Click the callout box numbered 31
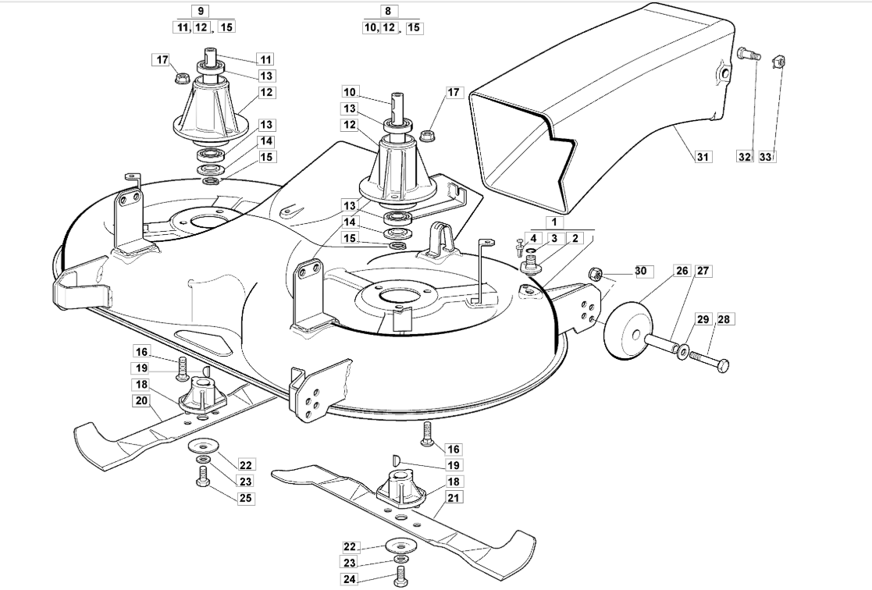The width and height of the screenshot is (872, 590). click(x=703, y=157)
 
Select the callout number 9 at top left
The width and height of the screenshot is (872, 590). click(x=200, y=11)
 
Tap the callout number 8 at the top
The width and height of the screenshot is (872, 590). click(x=388, y=11)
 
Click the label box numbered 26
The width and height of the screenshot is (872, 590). click(x=682, y=271)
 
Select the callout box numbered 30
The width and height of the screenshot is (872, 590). click(x=641, y=271)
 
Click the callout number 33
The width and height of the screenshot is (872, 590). click(x=766, y=157)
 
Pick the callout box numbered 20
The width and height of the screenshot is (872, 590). click(x=141, y=400)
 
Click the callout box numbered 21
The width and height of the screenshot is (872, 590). click(x=454, y=498)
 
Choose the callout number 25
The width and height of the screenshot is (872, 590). click(x=245, y=498)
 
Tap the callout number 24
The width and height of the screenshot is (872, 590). click(x=349, y=579)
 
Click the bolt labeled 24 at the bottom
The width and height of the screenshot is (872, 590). click(x=399, y=578)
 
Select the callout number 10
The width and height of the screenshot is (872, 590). click(x=351, y=92)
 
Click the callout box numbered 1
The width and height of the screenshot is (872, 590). click(x=554, y=222)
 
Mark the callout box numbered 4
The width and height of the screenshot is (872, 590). click(x=532, y=239)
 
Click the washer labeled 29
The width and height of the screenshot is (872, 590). click(x=682, y=351)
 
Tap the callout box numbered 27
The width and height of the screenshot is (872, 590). click(x=703, y=271)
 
